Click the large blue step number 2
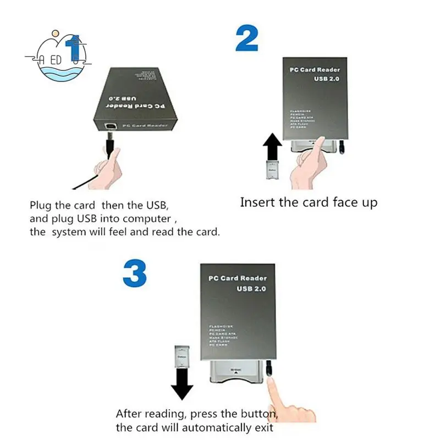pyautogui.click(x=247, y=38)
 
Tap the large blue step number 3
pyautogui.click(x=135, y=274)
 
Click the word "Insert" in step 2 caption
pyautogui.click(x=258, y=202)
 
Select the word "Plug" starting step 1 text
pyautogui.click(x=41, y=206)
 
